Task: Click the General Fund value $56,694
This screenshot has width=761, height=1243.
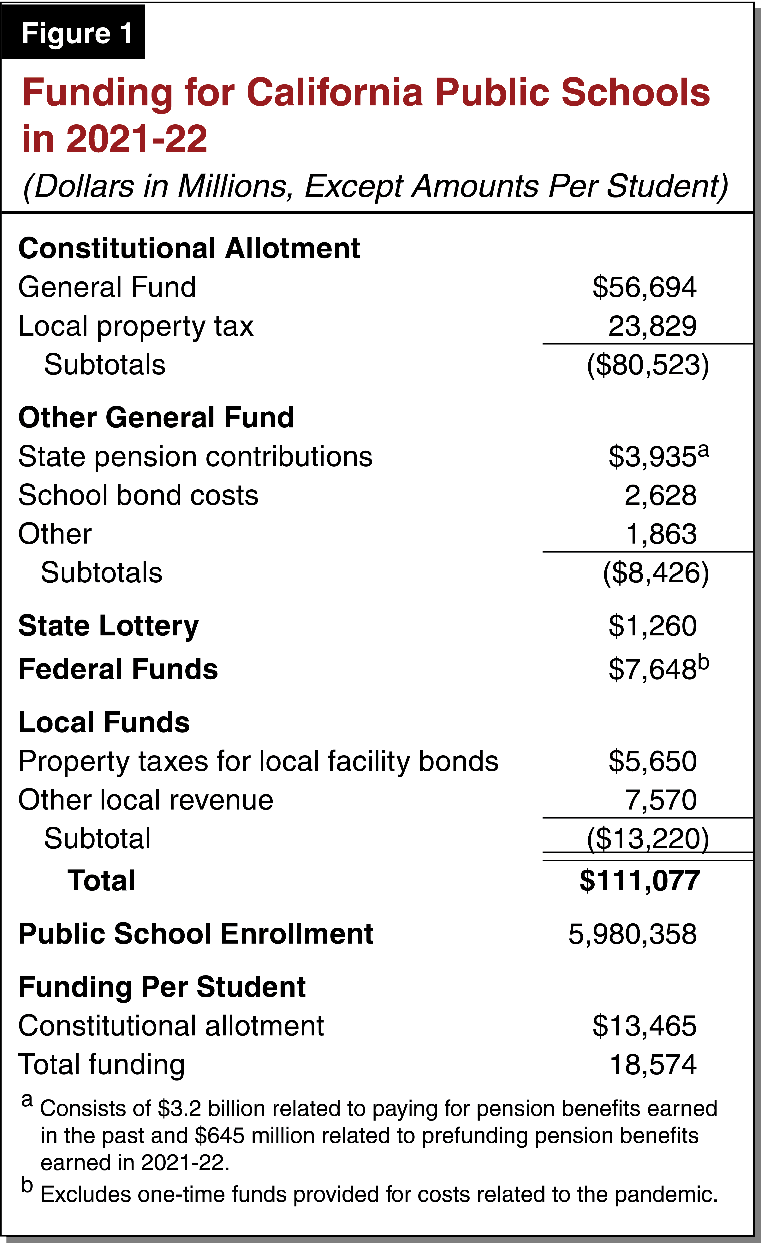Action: (x=645, y=288)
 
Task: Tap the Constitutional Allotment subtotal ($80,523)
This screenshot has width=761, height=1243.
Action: (x=648, y=365)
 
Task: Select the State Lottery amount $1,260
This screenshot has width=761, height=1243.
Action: (x=652, y=626)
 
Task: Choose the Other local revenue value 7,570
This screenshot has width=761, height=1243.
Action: (x=661, y=800)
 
